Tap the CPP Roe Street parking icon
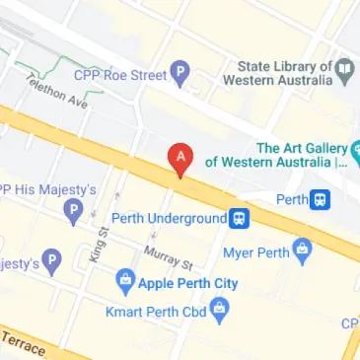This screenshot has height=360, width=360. (x=180, y=72)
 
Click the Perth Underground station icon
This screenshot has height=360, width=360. (x=240, y=218)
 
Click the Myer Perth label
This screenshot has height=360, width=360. (x=254, y=252)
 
